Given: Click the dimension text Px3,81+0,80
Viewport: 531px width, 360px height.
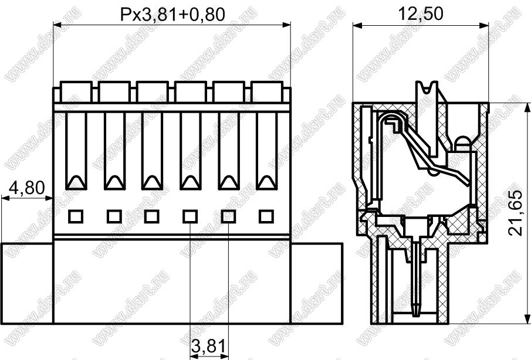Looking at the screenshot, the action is point(173,15).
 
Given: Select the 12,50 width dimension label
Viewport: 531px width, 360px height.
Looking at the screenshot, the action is point(420,14).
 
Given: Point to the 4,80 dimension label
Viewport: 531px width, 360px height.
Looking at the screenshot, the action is point(26,188).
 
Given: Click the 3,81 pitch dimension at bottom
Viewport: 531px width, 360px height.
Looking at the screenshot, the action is point(208,346).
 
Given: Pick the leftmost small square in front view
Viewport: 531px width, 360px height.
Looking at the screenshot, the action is point(76,216).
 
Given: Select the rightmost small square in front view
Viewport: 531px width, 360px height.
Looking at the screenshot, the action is point(266,216).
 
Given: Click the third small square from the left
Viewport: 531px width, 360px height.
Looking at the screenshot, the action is point(151,216).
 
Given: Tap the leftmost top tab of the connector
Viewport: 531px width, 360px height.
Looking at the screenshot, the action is point(76,91).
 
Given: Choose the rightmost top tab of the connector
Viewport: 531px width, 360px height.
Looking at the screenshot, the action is point(267,91).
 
